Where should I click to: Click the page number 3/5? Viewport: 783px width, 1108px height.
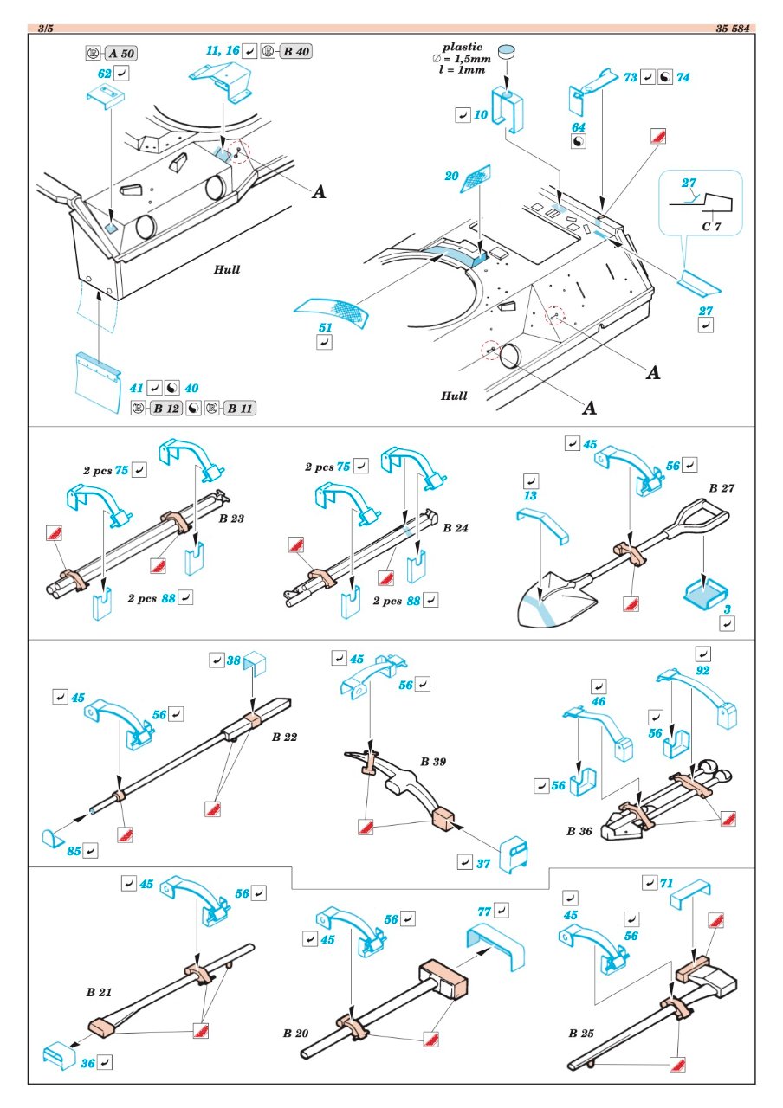point(46,29)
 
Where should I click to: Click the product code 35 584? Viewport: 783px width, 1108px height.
point(733,29)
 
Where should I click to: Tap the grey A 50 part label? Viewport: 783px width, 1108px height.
point(120,54)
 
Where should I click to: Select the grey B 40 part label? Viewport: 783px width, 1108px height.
point(296,51)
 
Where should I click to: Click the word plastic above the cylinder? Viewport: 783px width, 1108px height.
point(463,47)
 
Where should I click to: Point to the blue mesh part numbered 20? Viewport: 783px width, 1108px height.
point(476,179)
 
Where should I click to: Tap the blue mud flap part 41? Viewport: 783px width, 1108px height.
point(98,382)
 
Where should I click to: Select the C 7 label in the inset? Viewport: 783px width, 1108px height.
point(712,227)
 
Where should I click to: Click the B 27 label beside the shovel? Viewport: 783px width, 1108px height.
point(722,487)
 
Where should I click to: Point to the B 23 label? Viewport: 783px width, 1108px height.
point(231,519)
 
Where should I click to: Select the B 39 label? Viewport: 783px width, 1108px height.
point(433,761)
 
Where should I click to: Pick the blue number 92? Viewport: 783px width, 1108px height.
point(702,670)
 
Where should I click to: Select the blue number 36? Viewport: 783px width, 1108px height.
point(88,1063)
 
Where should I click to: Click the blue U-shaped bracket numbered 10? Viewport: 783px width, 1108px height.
point(508,110)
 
